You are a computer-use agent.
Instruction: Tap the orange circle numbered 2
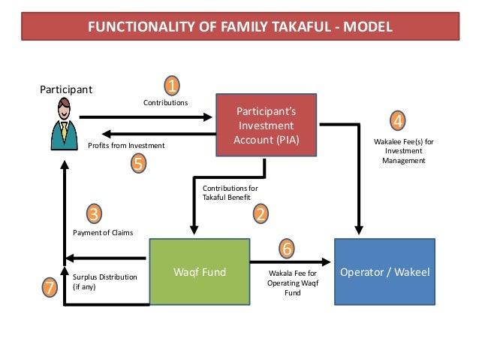[260, 214]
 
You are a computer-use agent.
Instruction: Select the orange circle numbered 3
[94, 214]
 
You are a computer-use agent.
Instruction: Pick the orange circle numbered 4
[399, 120]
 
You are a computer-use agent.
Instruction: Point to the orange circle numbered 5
[138, 162]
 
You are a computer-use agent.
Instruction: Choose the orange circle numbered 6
[287, 247]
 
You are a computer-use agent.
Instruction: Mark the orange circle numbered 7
[49, 286]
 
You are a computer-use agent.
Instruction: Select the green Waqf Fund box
[200, 271]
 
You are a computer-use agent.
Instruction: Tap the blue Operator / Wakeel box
[384, 271]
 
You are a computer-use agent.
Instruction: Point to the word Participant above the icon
[65, 89]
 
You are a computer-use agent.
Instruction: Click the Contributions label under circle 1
[165, 101]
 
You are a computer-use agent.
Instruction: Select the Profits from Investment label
[126, 145]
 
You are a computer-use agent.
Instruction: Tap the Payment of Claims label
[103, 233]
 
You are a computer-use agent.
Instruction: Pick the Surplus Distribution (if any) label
[104, 282]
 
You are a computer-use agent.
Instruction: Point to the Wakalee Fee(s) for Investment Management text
[403, 150]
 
